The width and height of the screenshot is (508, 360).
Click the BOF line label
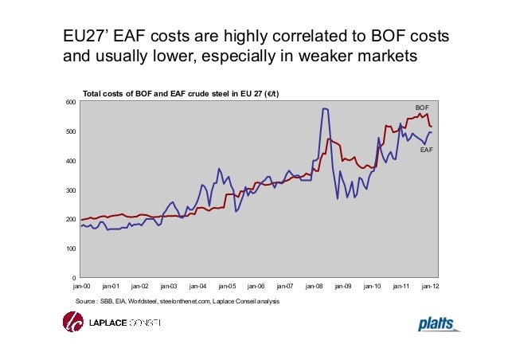[x=421, y=106]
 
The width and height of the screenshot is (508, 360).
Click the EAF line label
[x=426, y=149]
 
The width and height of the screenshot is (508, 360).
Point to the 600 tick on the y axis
[x=69, y=103]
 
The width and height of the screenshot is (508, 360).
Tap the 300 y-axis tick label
[x=69, y=190]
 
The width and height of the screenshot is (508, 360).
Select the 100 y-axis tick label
[x=69, y=248]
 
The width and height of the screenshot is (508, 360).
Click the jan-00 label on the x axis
[x=81, y=284]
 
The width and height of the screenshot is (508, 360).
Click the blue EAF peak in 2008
[x=324, y=108]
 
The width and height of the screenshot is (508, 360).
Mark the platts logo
[x=440, y=323]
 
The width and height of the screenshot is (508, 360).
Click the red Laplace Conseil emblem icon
[x=73, y=323]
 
